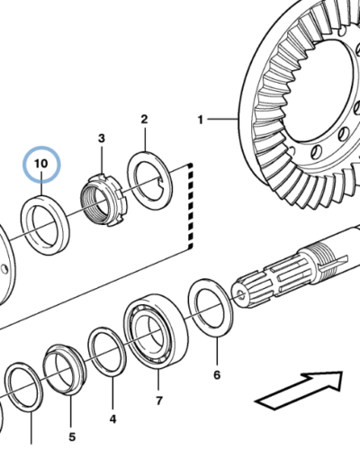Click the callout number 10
41,164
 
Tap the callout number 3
102,139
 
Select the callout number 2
144,120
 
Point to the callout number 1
201,120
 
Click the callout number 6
217,374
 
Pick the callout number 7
159,400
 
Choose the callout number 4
112,419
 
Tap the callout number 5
72,437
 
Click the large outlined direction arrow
300,390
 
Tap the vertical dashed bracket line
190,206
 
